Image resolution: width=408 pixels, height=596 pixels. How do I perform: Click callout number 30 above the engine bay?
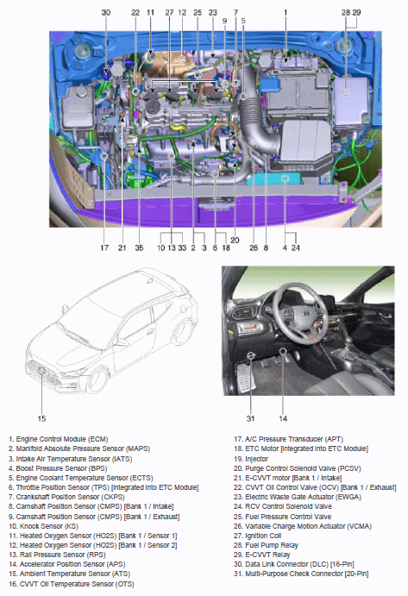click(106, 13)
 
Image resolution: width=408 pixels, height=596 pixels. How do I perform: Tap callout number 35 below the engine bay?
click(139, 248)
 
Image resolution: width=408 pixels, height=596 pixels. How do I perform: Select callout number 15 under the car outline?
click(41, 418)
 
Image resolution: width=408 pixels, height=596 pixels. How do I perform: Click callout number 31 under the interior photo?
click(250, 418)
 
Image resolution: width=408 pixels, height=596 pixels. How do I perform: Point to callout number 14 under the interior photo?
click(283, 418)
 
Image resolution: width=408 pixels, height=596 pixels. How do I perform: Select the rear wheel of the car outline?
click(183, 331)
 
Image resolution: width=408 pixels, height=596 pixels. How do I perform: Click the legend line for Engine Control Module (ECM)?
click(58, 439)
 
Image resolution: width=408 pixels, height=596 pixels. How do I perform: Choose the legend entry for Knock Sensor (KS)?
click(43, 526)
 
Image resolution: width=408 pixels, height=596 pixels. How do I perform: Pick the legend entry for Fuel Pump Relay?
click(266, 545)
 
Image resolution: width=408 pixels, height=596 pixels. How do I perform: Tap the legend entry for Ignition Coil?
click(257, 536)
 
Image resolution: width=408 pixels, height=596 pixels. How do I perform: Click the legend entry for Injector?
click(251, 459)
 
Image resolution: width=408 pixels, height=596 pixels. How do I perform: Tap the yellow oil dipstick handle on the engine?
click(179, 128)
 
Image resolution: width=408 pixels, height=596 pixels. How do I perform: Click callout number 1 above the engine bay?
click(286, 13)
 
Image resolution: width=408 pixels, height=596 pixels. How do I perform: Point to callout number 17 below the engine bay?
click(104, 248)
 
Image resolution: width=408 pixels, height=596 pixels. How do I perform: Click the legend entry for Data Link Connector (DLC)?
click(293, 564)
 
